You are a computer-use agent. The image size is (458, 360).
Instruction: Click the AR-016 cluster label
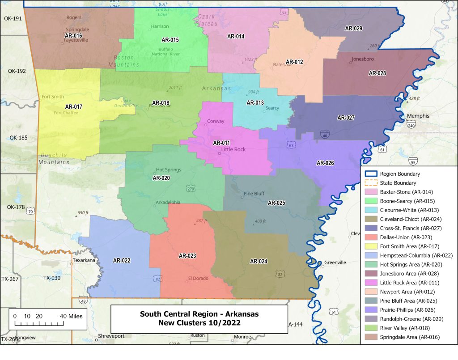(73, 35)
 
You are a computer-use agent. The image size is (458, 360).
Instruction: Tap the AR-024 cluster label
(259, 261)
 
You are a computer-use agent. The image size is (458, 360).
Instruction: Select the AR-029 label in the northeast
(353, 28)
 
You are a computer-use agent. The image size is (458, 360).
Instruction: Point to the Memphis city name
(418, 116)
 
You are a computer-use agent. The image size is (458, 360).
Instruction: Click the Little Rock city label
(233, 149)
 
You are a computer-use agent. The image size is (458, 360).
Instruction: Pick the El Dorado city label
(198, 278)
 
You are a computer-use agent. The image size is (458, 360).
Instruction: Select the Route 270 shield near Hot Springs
(191, 188)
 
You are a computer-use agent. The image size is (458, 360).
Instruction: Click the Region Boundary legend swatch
(370, 174)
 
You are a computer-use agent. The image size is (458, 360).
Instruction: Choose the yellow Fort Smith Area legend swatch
(370, 246)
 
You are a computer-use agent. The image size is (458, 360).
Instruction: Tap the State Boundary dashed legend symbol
(370, 183)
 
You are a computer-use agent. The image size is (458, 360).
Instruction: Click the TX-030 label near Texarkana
(52, 278)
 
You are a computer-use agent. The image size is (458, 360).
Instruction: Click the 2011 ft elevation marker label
(175, 88)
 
